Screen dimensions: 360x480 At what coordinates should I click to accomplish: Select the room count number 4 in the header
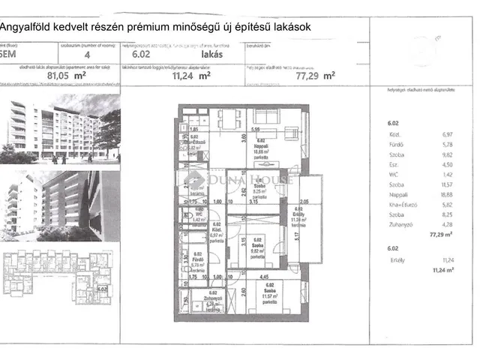click(88, 54)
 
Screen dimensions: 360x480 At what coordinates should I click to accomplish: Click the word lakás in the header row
click(211, 54)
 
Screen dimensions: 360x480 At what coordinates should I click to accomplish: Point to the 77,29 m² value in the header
click(315, 75)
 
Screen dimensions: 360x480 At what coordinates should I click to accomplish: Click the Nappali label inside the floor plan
click(262, 145)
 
